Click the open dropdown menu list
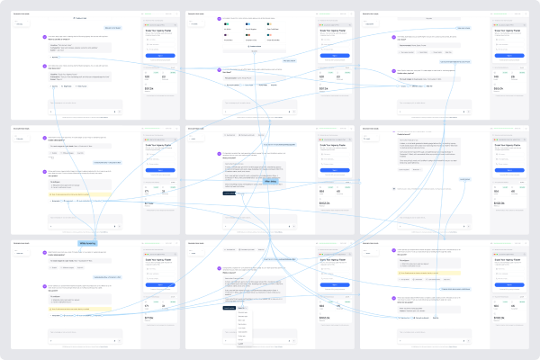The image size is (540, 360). tap(240, 328)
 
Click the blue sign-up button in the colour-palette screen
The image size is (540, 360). tap(334, 55)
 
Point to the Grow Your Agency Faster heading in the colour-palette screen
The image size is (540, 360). tap(333, 31)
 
